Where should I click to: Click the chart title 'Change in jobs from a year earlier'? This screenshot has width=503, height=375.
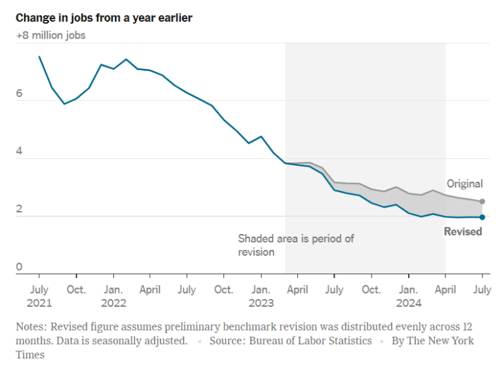point(104,18)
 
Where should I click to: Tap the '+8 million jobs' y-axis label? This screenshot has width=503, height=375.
point(50,35)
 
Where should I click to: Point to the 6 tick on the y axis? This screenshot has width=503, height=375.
point(20,94)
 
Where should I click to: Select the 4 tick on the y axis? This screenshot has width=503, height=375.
point(20,151)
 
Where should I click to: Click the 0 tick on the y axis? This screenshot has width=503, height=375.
point(20,267)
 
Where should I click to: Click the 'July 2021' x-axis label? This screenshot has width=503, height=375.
point(39,296)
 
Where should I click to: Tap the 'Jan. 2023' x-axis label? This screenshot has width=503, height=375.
point(261,296)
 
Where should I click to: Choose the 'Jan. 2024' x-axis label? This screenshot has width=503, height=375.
point(409,296)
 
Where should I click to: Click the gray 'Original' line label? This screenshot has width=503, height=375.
point(464,184)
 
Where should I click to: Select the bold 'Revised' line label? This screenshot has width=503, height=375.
point(462,231)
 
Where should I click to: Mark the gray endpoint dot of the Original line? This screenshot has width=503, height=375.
point(483,201)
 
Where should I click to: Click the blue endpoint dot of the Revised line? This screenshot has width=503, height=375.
point(483,217)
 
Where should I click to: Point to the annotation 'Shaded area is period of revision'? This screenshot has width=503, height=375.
point(295,245)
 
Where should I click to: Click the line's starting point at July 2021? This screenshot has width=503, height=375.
point(39,57)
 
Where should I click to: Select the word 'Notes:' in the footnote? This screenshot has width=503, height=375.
point(33,326)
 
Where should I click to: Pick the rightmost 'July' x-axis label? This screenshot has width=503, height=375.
point(483,289)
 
